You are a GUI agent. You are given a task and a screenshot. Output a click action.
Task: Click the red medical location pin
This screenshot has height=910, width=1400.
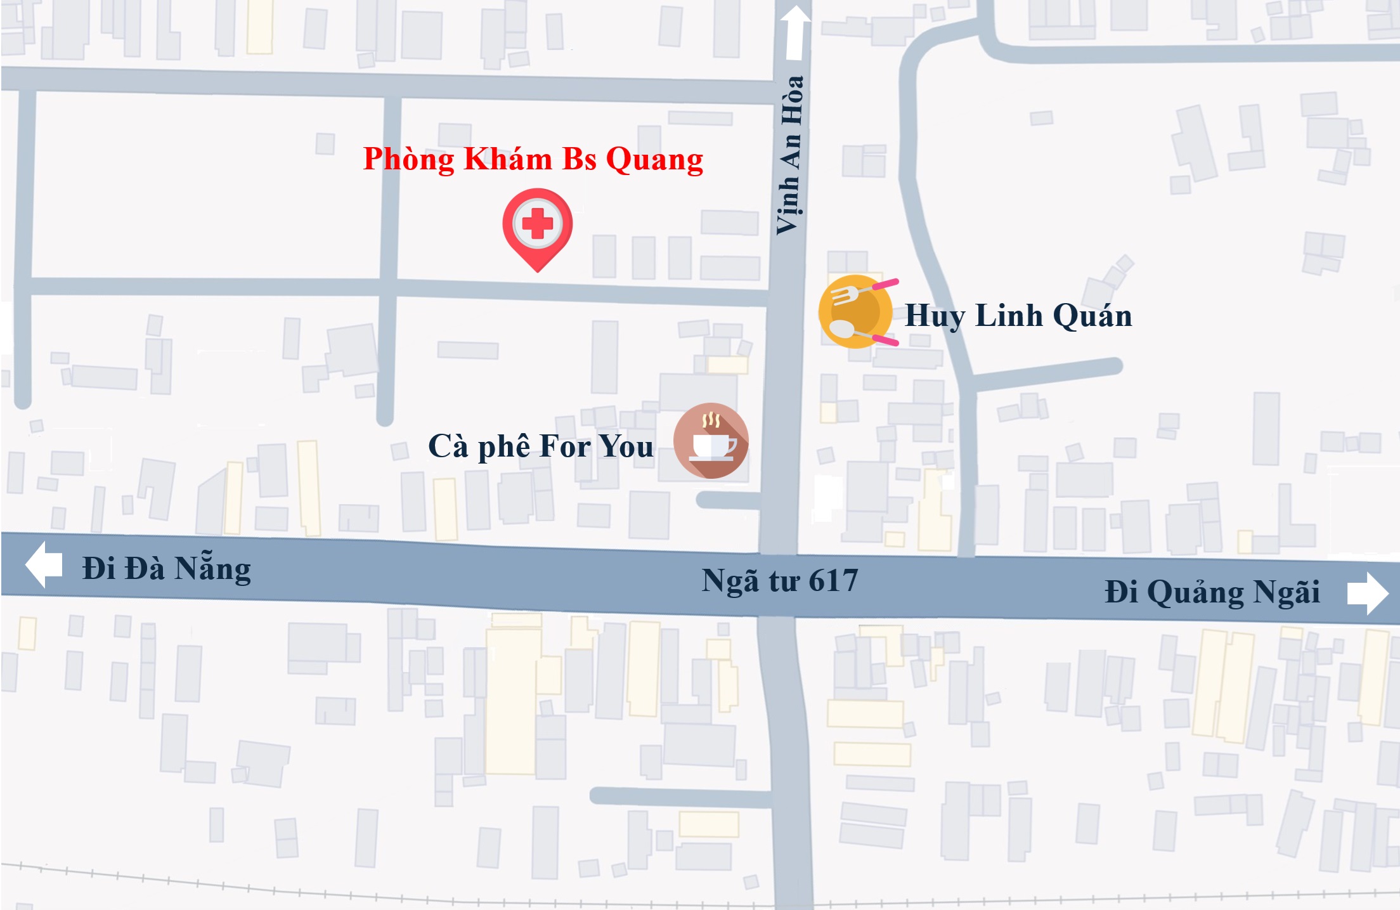coord(538,228)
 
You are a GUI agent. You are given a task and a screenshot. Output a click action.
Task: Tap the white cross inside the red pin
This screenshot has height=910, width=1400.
coord(538,223)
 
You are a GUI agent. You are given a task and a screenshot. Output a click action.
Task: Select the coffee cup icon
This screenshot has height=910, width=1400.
coord(711,441)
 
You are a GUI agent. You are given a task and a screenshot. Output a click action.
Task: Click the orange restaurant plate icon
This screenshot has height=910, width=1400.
coord(855,311)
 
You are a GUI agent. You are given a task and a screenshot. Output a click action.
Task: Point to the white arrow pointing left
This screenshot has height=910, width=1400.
coord(44,564)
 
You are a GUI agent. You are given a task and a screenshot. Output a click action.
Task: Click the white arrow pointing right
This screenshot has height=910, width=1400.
coord(1368,594)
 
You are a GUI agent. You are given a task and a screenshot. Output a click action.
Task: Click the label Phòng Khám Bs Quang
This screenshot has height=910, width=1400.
coord(533,159)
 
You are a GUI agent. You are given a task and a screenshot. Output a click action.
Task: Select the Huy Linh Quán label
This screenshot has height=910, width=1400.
coord(1018,316)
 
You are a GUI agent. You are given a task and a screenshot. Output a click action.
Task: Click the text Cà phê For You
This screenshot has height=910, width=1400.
coord(540,446)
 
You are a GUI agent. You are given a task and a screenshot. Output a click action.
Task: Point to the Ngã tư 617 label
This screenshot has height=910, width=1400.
coord(779,580)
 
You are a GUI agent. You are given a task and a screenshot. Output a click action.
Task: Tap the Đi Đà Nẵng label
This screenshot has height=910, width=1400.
coord(166,568)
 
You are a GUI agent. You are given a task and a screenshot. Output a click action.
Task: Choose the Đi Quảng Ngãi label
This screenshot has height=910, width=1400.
coord(1212,592)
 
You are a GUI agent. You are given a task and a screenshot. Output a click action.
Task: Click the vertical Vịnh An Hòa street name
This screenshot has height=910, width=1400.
coord(790,155)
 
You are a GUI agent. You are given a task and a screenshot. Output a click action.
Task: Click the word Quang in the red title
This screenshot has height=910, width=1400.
coord(654,159)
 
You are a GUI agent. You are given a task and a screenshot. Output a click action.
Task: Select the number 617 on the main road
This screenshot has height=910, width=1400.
coord(833,580)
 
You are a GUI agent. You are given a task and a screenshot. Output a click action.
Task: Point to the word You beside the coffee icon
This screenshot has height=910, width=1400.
coord(626,446)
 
